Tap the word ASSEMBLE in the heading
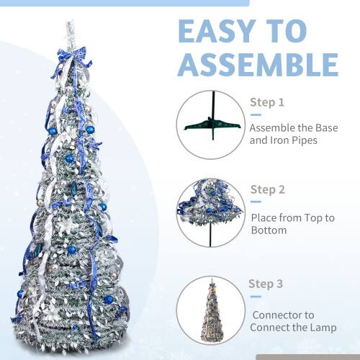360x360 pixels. [x=258, y=64]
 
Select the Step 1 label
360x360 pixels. [x=267, y=102]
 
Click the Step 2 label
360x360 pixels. [x=268, y=190]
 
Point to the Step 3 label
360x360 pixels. [x=267, y=283]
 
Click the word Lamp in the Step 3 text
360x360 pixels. [x=321, y=328]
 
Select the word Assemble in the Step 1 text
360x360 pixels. [x=274, y=127]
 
